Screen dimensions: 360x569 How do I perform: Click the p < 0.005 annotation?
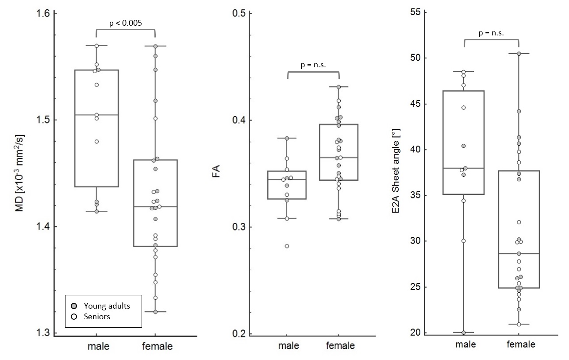click(x=126, y=23)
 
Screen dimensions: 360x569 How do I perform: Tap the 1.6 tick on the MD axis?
click(x=44, y=13)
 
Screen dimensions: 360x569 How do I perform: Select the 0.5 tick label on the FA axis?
click(x=239, y=13)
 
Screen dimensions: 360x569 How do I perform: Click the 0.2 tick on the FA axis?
click(x=239, y=333)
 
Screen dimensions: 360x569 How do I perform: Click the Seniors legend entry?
click(x=98, y=316)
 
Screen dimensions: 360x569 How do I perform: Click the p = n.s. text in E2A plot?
click(x=491, y=33)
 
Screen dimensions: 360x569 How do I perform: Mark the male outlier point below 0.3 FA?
click(x=287, y=246)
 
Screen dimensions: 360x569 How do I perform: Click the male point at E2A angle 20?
click(x=463, y=333)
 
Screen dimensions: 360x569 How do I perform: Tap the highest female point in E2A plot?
click(x=519, y=54)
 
